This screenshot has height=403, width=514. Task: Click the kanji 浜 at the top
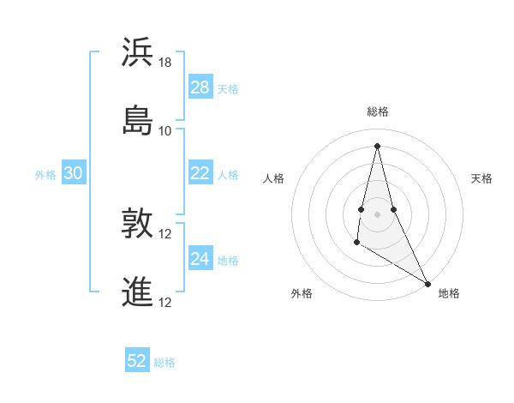click(x=138, y=52)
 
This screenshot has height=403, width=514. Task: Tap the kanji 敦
click(x=138, y=225)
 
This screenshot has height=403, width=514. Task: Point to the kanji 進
click(x=138, y=291)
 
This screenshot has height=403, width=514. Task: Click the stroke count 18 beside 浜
click(x=165, y=63)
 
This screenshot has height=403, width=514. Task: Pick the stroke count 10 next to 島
click(x=165, y=130)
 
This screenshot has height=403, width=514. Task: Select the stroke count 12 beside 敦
click(x=165, y=235)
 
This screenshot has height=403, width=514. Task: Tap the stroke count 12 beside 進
click(x=165, y=302)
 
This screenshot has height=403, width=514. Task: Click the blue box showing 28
click(x=200, y=87)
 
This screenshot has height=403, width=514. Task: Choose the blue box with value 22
click(x=200, y=173)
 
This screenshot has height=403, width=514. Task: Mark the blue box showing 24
click(x=200, y=259)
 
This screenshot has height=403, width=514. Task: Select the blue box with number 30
click(x=74, y=173)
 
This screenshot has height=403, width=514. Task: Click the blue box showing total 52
click(x=137, y=361)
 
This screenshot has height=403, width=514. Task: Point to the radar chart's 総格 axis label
click(x=378, y=111)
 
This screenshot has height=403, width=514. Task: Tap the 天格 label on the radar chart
click(x=482, y=178)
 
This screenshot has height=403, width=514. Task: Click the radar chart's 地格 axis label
click(x=449, y=293)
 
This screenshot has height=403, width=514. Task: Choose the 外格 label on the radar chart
click(x=302, y=293)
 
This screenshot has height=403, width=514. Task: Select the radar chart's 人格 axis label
click(x=273, y=178)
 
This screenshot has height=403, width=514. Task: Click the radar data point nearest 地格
click(x=428, y=284)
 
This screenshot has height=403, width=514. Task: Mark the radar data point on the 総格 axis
click(x=377, y=146)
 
